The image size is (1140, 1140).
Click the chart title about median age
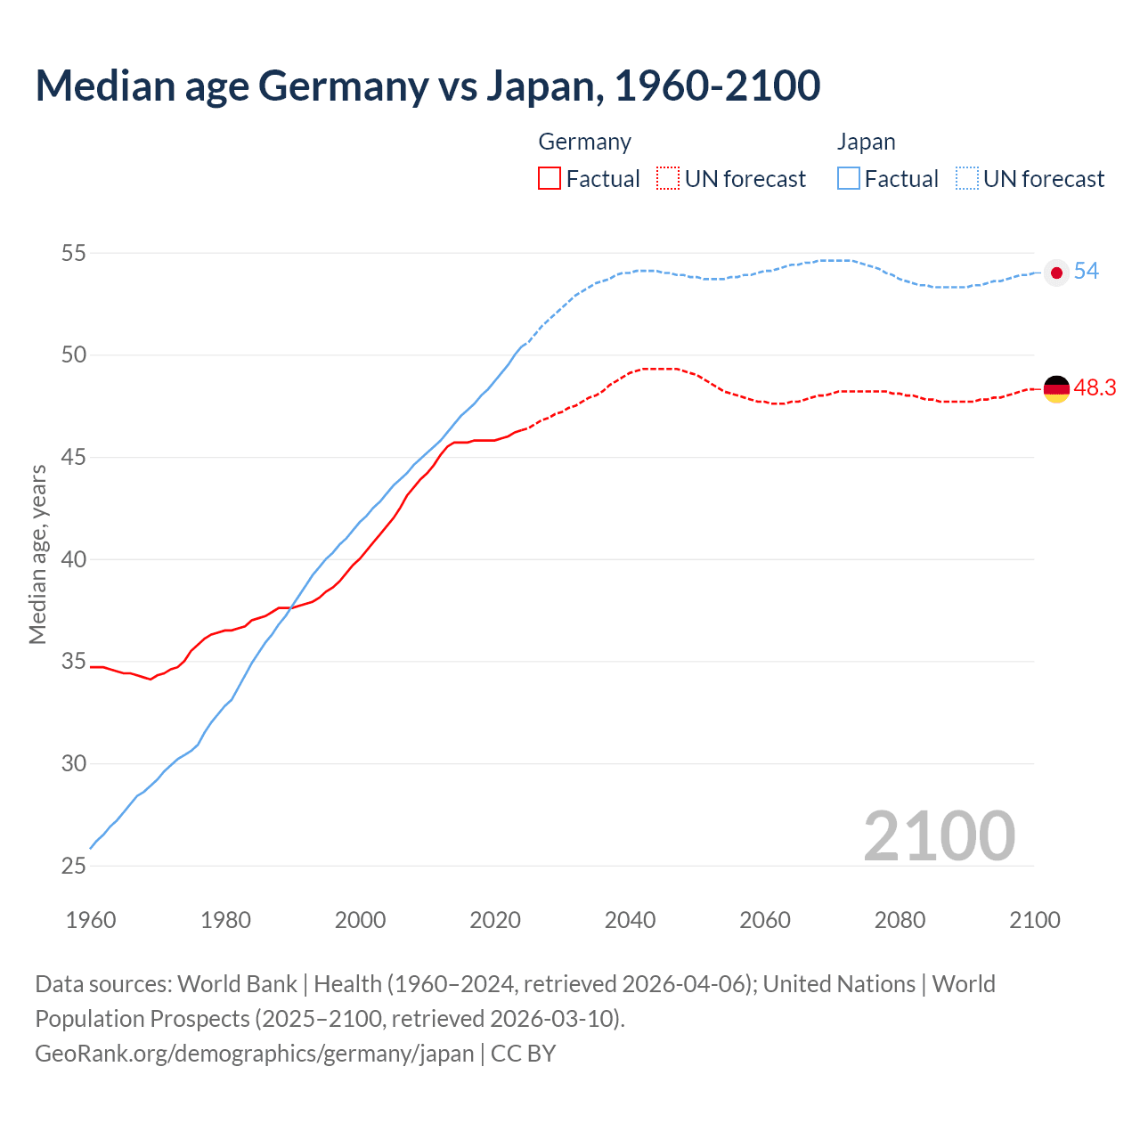coord(427,86)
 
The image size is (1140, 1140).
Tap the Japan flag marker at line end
coord(1056,273)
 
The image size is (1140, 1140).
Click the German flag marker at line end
coord(1056,389)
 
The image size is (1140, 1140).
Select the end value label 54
coord(1087,272)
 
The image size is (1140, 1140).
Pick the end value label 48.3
coord(1095,388)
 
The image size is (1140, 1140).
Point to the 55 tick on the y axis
coord(74,254)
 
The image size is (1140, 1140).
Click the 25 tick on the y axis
coord(74,866)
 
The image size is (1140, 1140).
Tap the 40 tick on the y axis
coord(74,560)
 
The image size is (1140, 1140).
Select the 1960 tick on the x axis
coord(91,920)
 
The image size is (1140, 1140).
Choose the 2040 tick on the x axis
coord(631,920)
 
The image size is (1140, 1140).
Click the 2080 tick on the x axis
coord(900,920)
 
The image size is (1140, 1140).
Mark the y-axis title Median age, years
coord(37,554)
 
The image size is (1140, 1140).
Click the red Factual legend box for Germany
coord(550,179)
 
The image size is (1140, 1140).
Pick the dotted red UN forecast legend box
coord(668,179)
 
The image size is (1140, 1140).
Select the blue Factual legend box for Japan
coord(849,179)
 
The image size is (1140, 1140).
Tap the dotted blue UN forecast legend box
coord(967,179)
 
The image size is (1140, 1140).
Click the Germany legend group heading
coord(585,142)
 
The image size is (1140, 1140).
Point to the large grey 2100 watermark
coord(939,836)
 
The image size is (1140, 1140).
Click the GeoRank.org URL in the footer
coord(255,1054)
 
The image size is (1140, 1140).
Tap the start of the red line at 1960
coord(92,667)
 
